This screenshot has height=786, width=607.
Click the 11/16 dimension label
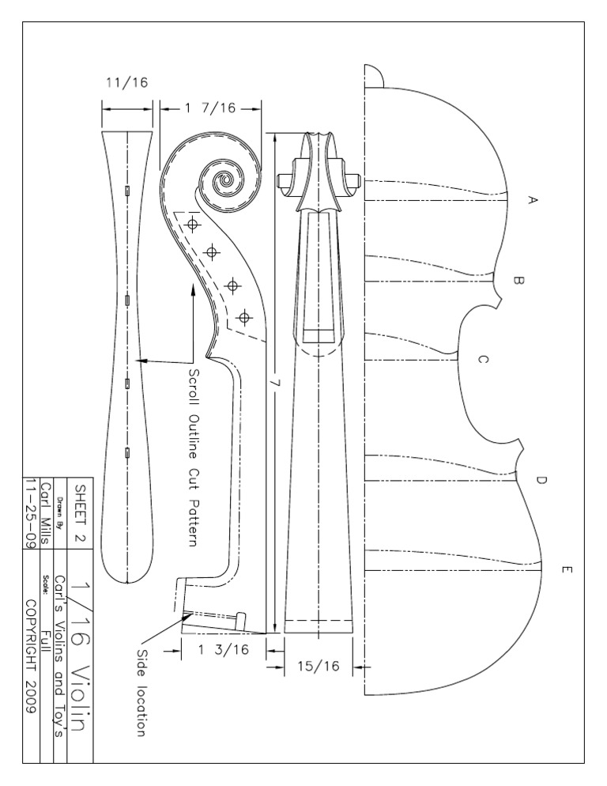point(126,82)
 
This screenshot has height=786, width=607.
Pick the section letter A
point(532,202)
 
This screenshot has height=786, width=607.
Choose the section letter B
point(518,280)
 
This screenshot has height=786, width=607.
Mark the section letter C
point(484,360)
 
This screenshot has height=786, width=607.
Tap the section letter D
point(541,480)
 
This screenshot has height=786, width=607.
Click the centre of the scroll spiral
point(225,181)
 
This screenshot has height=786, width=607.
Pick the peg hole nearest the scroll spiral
point(192,224)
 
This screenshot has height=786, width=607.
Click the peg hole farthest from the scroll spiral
point(243,317)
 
